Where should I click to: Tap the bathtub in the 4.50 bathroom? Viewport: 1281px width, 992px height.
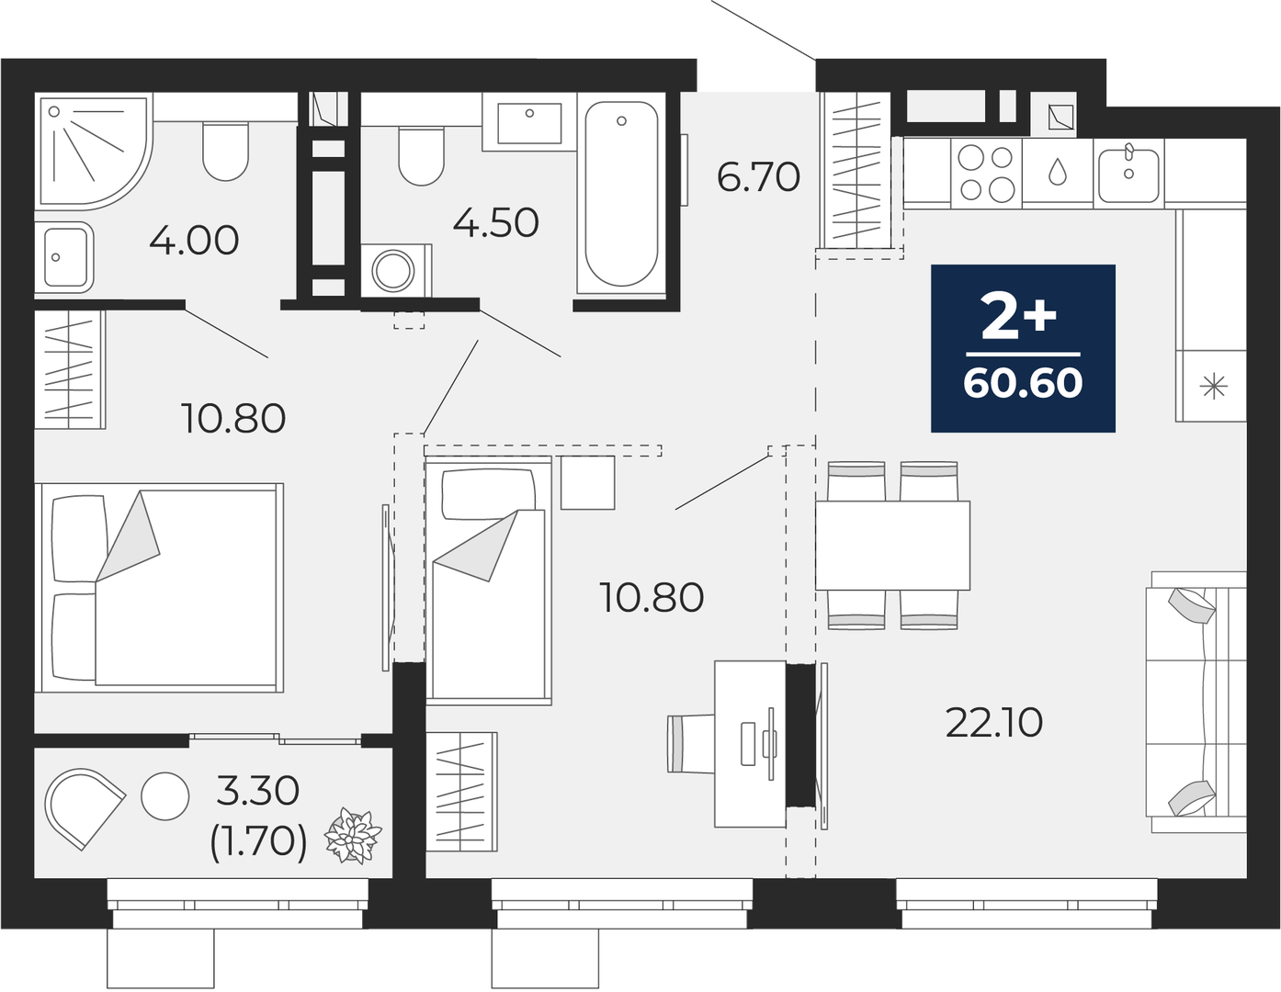(x=621, y=194)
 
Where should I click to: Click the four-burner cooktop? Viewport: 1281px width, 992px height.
(x=986, y=174)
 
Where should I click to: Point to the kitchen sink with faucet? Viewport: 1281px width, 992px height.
(x=1128, y=174)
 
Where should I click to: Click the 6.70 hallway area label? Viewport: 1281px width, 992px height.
(x=758, y=176)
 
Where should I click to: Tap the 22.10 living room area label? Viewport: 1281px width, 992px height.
(x=994, y=723)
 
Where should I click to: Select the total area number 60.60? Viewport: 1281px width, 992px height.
(x=1023, y=383)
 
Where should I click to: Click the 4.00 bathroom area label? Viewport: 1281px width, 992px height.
(x=194, y=240)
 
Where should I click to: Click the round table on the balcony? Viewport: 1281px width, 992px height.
(x=165, y=795)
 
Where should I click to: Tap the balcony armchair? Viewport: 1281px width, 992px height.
(x=83, y=806)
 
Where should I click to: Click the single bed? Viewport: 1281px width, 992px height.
(x=489, y=580)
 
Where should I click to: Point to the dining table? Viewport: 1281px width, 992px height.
(x=892, y=545)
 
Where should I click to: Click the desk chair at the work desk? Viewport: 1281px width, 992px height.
(x=691, y=743)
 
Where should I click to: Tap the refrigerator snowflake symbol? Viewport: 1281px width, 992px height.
(x=1213, y=387)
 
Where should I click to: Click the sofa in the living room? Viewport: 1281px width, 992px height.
(x=1196, y=701)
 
